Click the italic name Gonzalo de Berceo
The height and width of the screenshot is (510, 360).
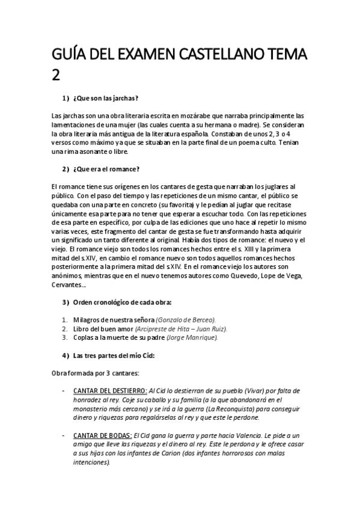click(186, 320)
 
